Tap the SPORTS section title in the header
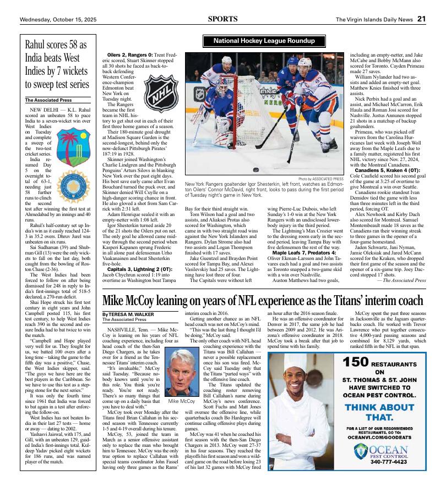coord(223,19)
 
